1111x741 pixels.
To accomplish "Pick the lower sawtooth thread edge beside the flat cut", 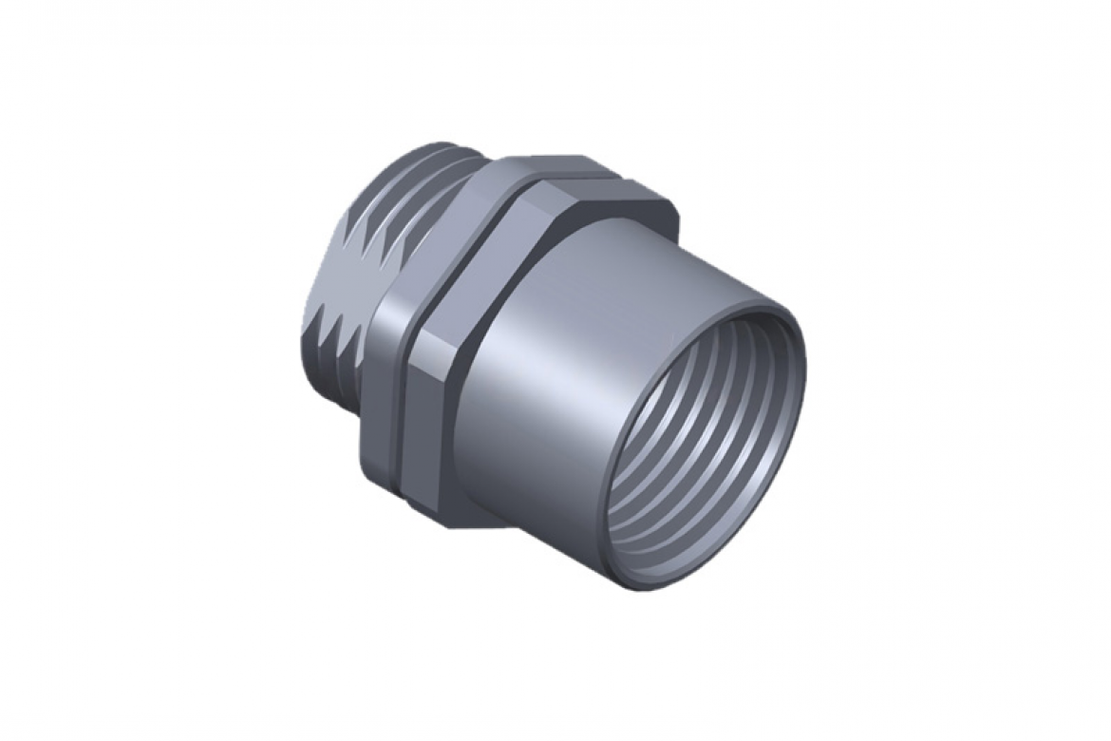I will coord(342,332).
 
